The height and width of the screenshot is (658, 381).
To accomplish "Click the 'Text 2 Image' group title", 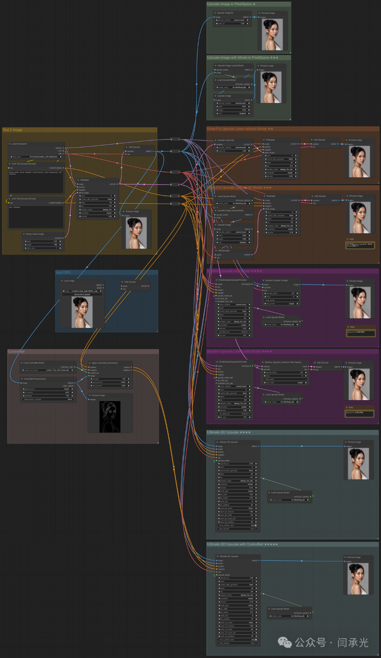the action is pos(13,130).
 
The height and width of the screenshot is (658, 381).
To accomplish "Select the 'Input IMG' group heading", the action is pos(64,272).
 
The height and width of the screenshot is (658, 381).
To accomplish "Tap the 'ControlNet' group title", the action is pos(16,352).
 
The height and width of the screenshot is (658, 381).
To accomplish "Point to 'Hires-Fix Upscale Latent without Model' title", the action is pos(240,129).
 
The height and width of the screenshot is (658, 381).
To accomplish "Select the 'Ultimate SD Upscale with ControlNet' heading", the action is pos(242,544).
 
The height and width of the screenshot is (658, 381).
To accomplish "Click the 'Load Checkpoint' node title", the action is pos(19,144).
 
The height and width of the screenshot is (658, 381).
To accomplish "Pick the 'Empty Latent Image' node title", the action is pos(35,234).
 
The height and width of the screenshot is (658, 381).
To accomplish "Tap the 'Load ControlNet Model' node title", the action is pos(34,363).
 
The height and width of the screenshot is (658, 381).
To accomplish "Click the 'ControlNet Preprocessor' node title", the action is pos(35,379).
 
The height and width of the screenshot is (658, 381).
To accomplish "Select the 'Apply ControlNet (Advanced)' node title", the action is pos(105,363).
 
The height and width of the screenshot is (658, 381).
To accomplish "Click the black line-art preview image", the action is pos(110,417).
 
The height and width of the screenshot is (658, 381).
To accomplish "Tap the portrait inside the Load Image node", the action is pos(82,312).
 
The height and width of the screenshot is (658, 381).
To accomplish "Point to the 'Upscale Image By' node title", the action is pos(225,13).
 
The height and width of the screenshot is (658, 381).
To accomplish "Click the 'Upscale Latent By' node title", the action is pos(226,140).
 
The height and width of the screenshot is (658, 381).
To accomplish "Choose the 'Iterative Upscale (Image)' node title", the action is pos(277,280).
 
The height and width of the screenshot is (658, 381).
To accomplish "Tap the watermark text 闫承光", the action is pos(353,642).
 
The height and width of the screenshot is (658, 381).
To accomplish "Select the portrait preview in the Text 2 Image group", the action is pos(136,233).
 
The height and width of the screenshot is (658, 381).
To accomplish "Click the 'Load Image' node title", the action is pos(69,281).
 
